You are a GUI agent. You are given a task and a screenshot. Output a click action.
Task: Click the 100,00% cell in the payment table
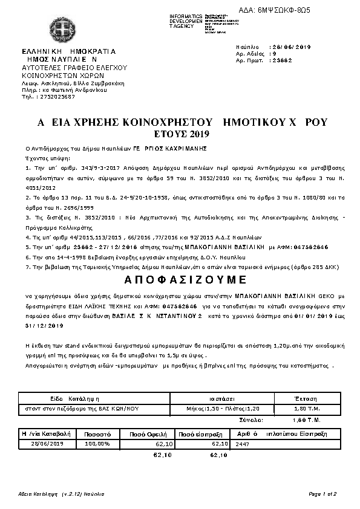coord(97,443)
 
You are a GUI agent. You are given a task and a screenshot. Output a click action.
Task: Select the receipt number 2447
coord(243,443)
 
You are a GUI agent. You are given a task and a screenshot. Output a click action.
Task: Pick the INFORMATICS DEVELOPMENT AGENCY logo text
coord(186,21)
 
